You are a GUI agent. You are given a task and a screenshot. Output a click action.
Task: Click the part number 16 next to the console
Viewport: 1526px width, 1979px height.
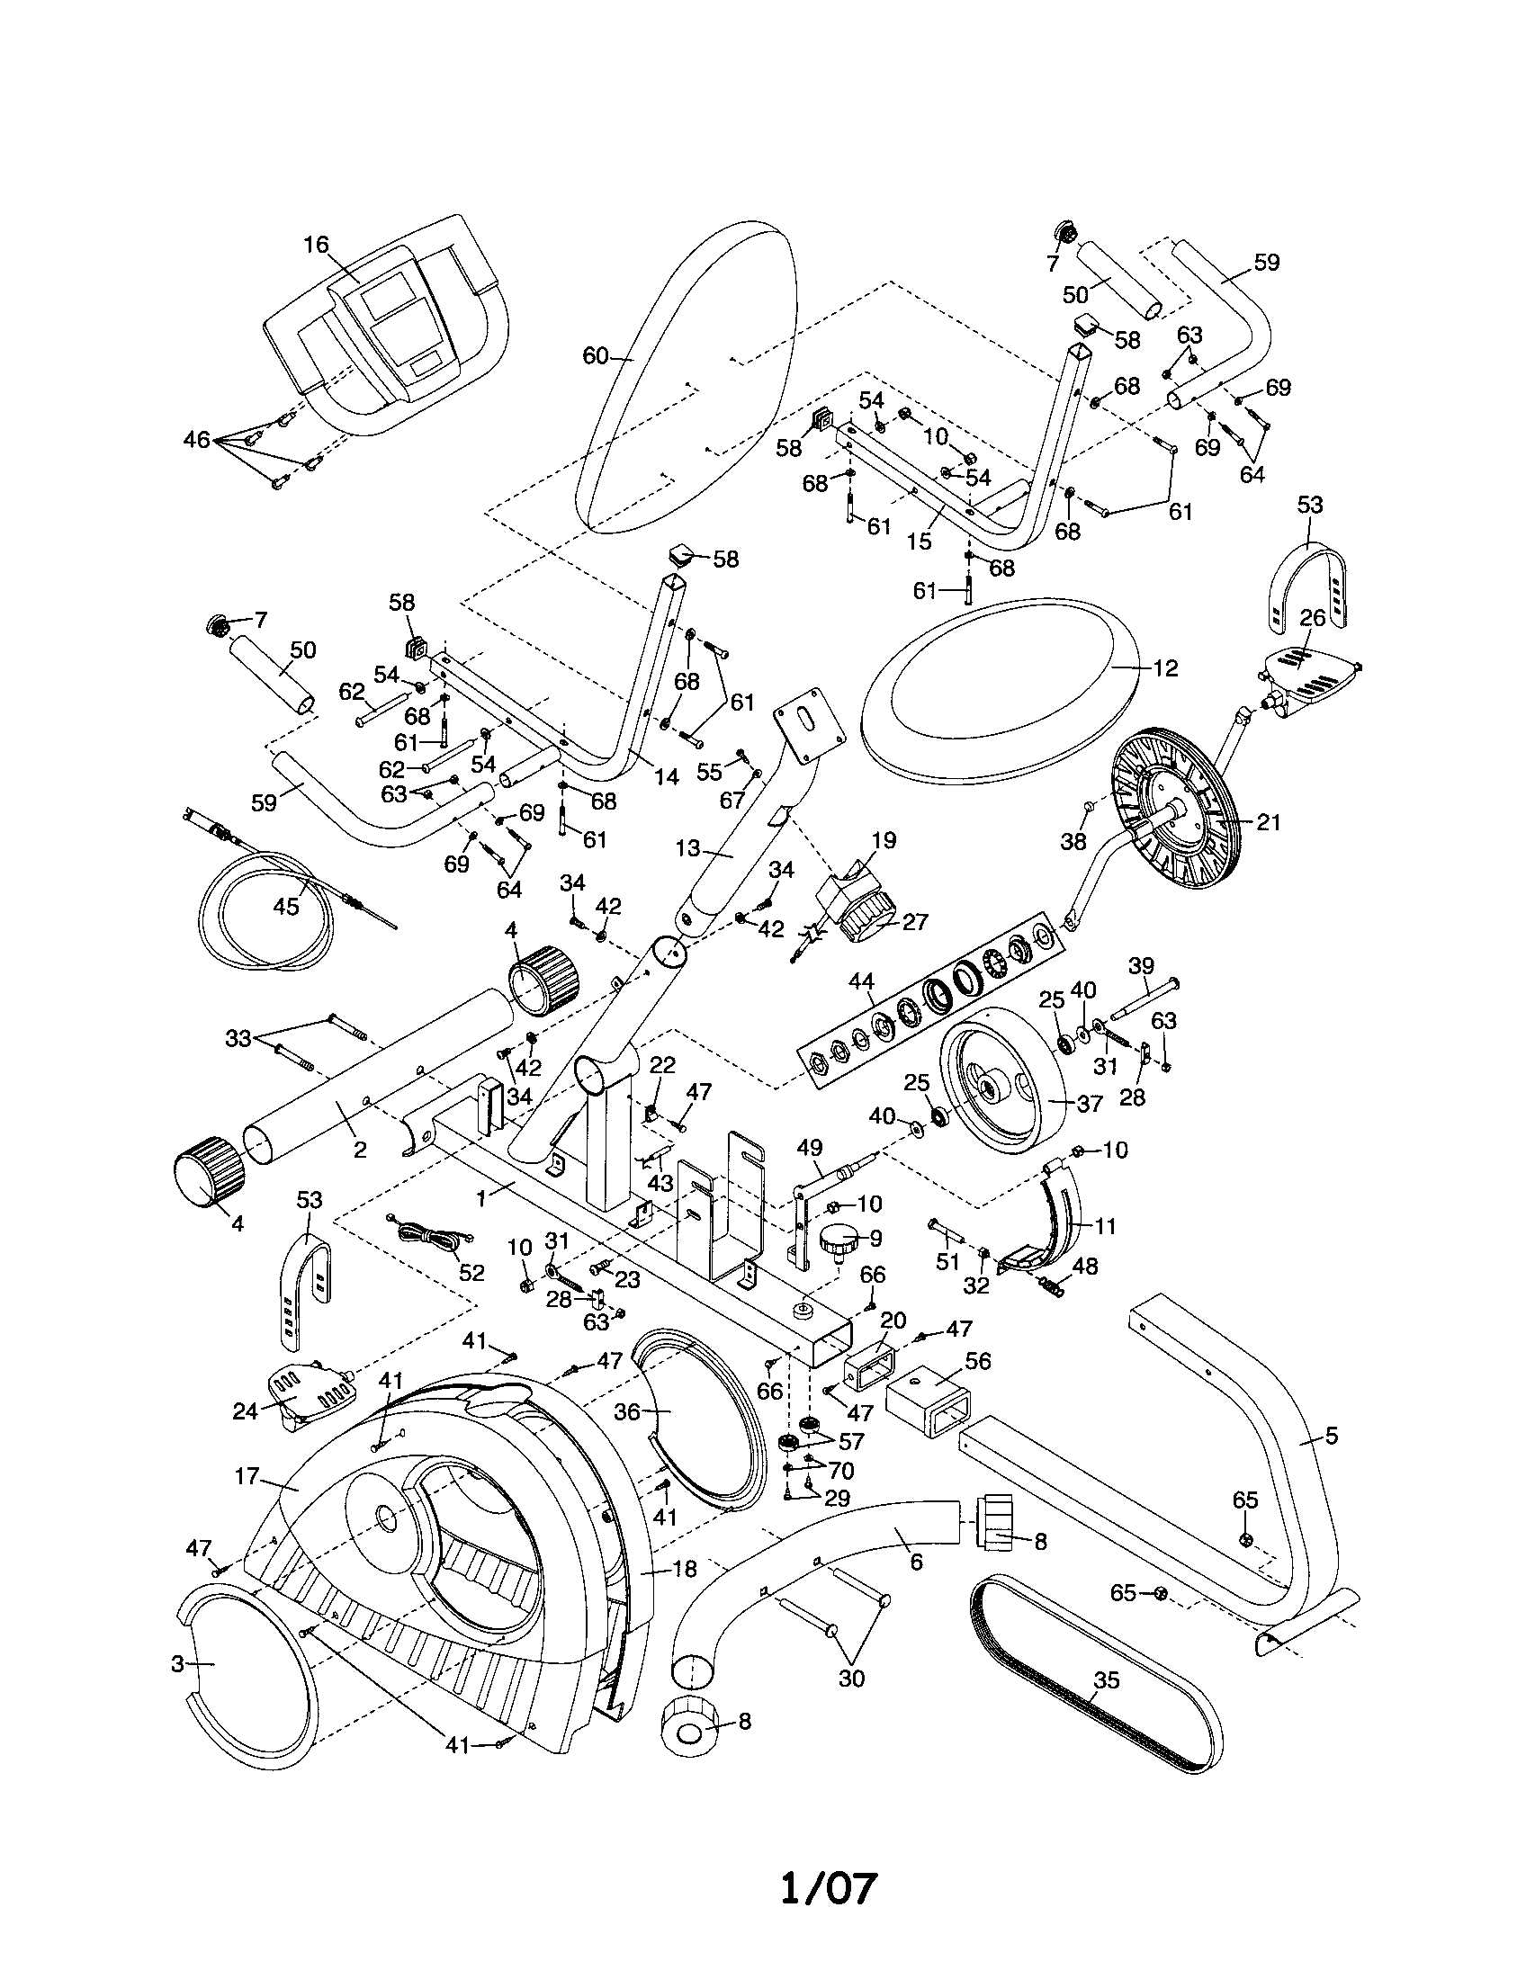pyautogui.click(x=316, y=245)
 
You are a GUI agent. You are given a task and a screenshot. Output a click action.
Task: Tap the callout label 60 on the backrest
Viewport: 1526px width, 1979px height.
pyautogui.click(x=595, y=356)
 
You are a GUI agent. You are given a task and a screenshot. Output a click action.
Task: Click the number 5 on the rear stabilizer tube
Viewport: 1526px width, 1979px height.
pyautogui.click(x=1330, y=1435)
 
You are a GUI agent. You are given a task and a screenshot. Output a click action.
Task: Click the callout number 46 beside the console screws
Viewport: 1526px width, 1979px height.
pyautogui.click(x=197, y=441)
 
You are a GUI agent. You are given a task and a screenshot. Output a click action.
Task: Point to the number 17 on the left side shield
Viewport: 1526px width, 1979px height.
pyautogui.click(x=247, y=1476)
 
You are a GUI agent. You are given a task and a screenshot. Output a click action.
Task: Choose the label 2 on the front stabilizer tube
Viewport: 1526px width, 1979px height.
pyautogui.click(x=360, y=1150)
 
